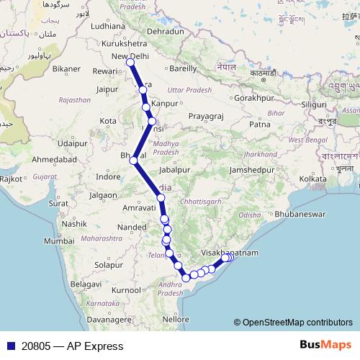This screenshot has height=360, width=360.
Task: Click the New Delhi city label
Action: click(130, 56)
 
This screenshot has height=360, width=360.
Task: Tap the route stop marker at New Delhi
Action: click(130, 63)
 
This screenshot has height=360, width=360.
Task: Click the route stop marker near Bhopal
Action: click(133, 161)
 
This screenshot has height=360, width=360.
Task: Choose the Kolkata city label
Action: click(313, 178)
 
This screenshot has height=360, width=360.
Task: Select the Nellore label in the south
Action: click(176, 318)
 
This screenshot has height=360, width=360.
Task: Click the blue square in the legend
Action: click(9, 346)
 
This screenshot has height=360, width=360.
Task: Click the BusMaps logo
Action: click(325, 346)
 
